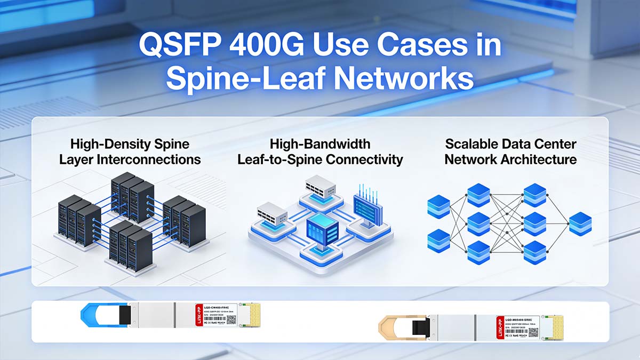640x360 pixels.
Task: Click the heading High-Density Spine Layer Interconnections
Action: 130,151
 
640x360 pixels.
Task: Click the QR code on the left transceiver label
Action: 231,319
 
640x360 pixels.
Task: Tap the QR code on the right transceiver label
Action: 533,331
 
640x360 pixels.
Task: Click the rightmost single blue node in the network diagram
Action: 580,223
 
